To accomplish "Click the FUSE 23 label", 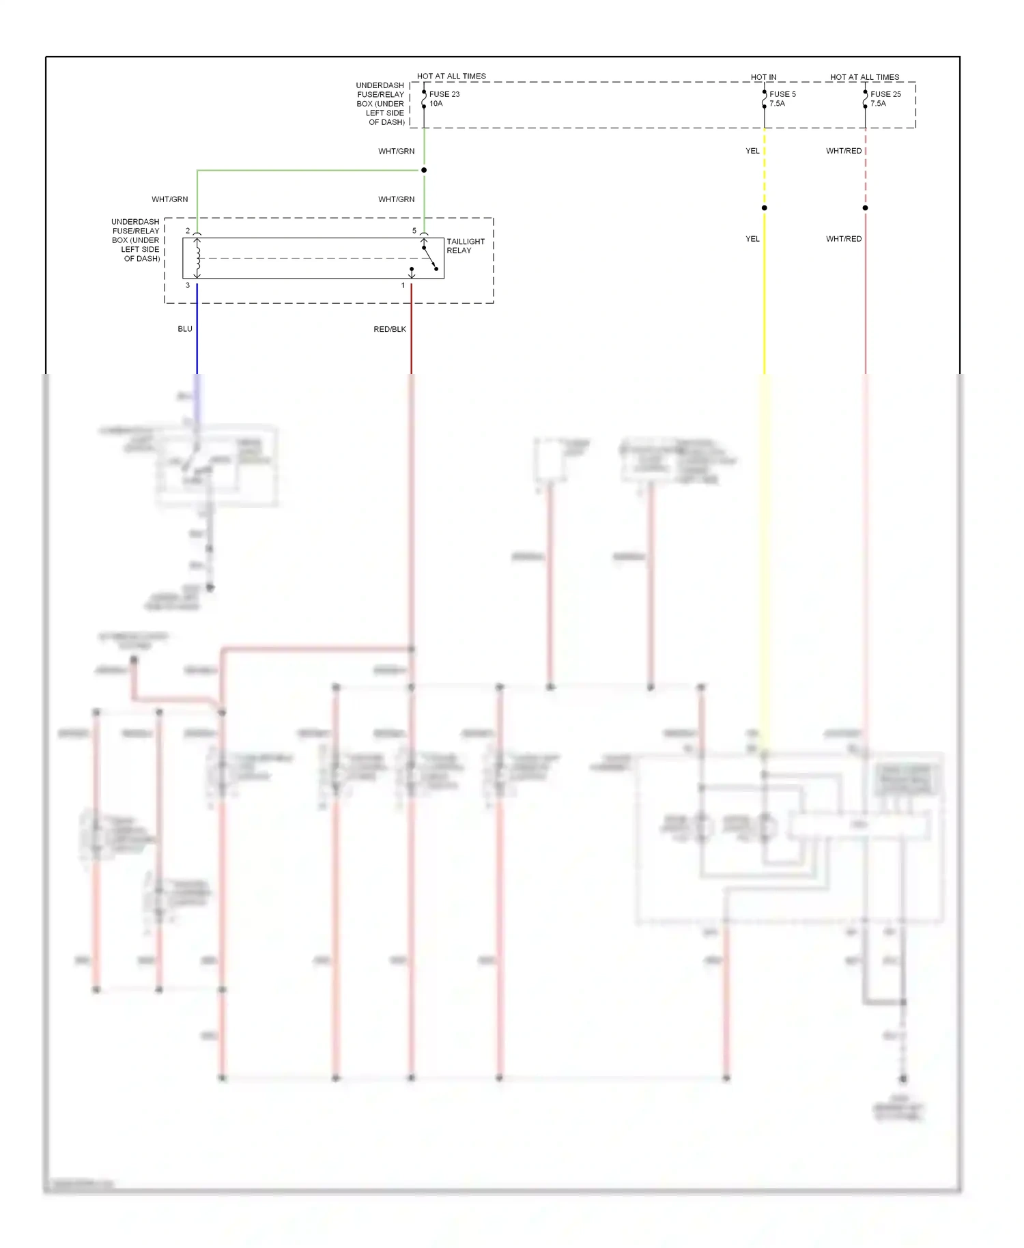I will (444, 94).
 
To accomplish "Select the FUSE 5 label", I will (782, 94).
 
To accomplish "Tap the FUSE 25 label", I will (885, 94).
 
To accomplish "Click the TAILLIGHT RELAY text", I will (465, 246).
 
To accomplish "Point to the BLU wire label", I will (185, 329).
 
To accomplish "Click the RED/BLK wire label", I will (390, 329).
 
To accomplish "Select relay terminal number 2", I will (188, 231).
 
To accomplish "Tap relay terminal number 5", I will (414, 231).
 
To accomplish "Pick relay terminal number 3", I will (188, 285).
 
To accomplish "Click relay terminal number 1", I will (403, 285).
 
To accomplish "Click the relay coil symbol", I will (198, 258).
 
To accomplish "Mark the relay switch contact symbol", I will (429, 258).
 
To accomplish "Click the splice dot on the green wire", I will (424, 170).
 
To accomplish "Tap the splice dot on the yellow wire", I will (765, 208).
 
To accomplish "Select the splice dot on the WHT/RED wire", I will (866, 208).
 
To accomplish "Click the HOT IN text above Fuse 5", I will (763, 77).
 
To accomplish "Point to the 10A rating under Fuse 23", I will (436, 104).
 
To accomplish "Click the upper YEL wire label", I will (752, 151).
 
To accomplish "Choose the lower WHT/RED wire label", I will (844, 239).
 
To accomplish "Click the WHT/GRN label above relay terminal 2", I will (170, 199).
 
